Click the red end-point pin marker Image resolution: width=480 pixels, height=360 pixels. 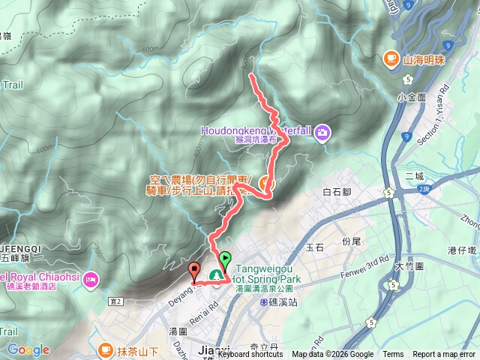194,271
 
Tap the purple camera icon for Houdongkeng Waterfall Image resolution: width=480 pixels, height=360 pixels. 322,133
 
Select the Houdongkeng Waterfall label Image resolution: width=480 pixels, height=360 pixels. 256,129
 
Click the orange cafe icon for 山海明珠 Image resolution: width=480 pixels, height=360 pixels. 390,58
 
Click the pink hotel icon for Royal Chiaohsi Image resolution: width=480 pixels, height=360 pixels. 91,280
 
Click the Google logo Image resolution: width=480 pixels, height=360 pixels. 28,349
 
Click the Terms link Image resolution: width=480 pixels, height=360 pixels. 393,355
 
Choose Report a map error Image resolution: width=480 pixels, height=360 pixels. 444,355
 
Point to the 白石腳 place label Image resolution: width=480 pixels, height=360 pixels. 337,193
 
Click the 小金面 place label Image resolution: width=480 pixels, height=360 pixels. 412,97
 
